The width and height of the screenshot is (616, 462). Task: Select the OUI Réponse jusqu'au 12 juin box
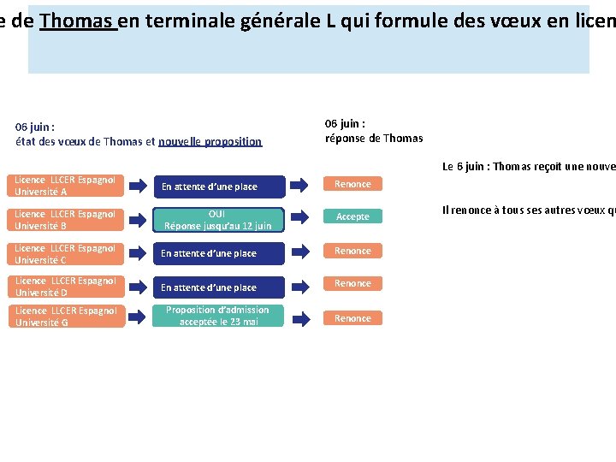pyautogui.click(x=217, y=220)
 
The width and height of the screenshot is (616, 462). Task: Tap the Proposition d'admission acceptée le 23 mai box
pyautogui.click(x=217, y=316)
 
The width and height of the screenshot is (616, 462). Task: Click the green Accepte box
pyautogui.click(x=352, y=216)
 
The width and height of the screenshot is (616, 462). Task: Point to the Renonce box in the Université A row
pyautogui.click(x=352, y=184)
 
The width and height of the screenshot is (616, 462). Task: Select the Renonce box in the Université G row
pyautogui.click(x=352, y=318)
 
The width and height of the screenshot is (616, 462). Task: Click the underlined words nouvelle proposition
pyautogui.click(x=210, y=142)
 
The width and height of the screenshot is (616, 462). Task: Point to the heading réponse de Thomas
pyautogui.click(x=374, y=139)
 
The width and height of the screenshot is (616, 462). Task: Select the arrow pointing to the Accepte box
pyautogui.click(x=299, y=218)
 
